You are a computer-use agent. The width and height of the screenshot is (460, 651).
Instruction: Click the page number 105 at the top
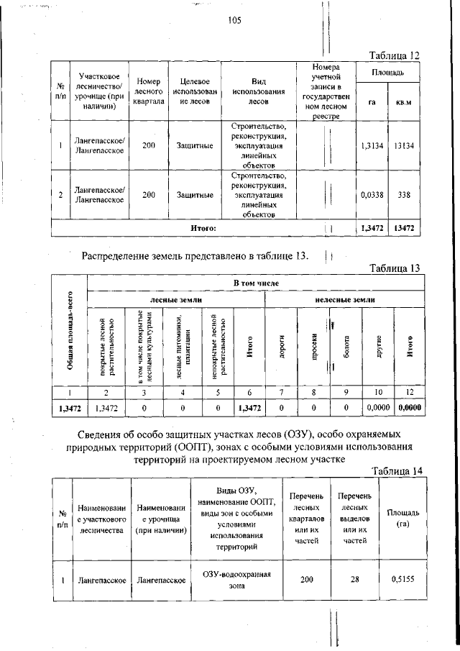point(234,21)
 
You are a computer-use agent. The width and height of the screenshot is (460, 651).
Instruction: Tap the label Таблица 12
point(393,55)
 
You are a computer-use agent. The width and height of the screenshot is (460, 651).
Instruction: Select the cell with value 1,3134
point(371,145)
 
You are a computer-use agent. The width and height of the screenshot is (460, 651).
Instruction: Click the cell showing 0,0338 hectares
point(371,194)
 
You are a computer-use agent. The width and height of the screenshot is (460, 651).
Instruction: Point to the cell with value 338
point(404,194)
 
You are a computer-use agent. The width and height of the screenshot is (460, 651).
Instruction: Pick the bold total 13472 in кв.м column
point(404,228)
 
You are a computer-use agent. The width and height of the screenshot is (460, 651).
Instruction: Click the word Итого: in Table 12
point(203,228)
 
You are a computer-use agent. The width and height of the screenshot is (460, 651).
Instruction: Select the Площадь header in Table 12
point(387,73)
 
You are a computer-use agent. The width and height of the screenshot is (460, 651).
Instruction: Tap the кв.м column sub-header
point(404,102)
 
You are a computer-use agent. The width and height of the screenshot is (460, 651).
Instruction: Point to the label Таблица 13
point(393,268)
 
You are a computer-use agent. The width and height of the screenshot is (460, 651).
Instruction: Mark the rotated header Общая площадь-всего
point(70,331)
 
